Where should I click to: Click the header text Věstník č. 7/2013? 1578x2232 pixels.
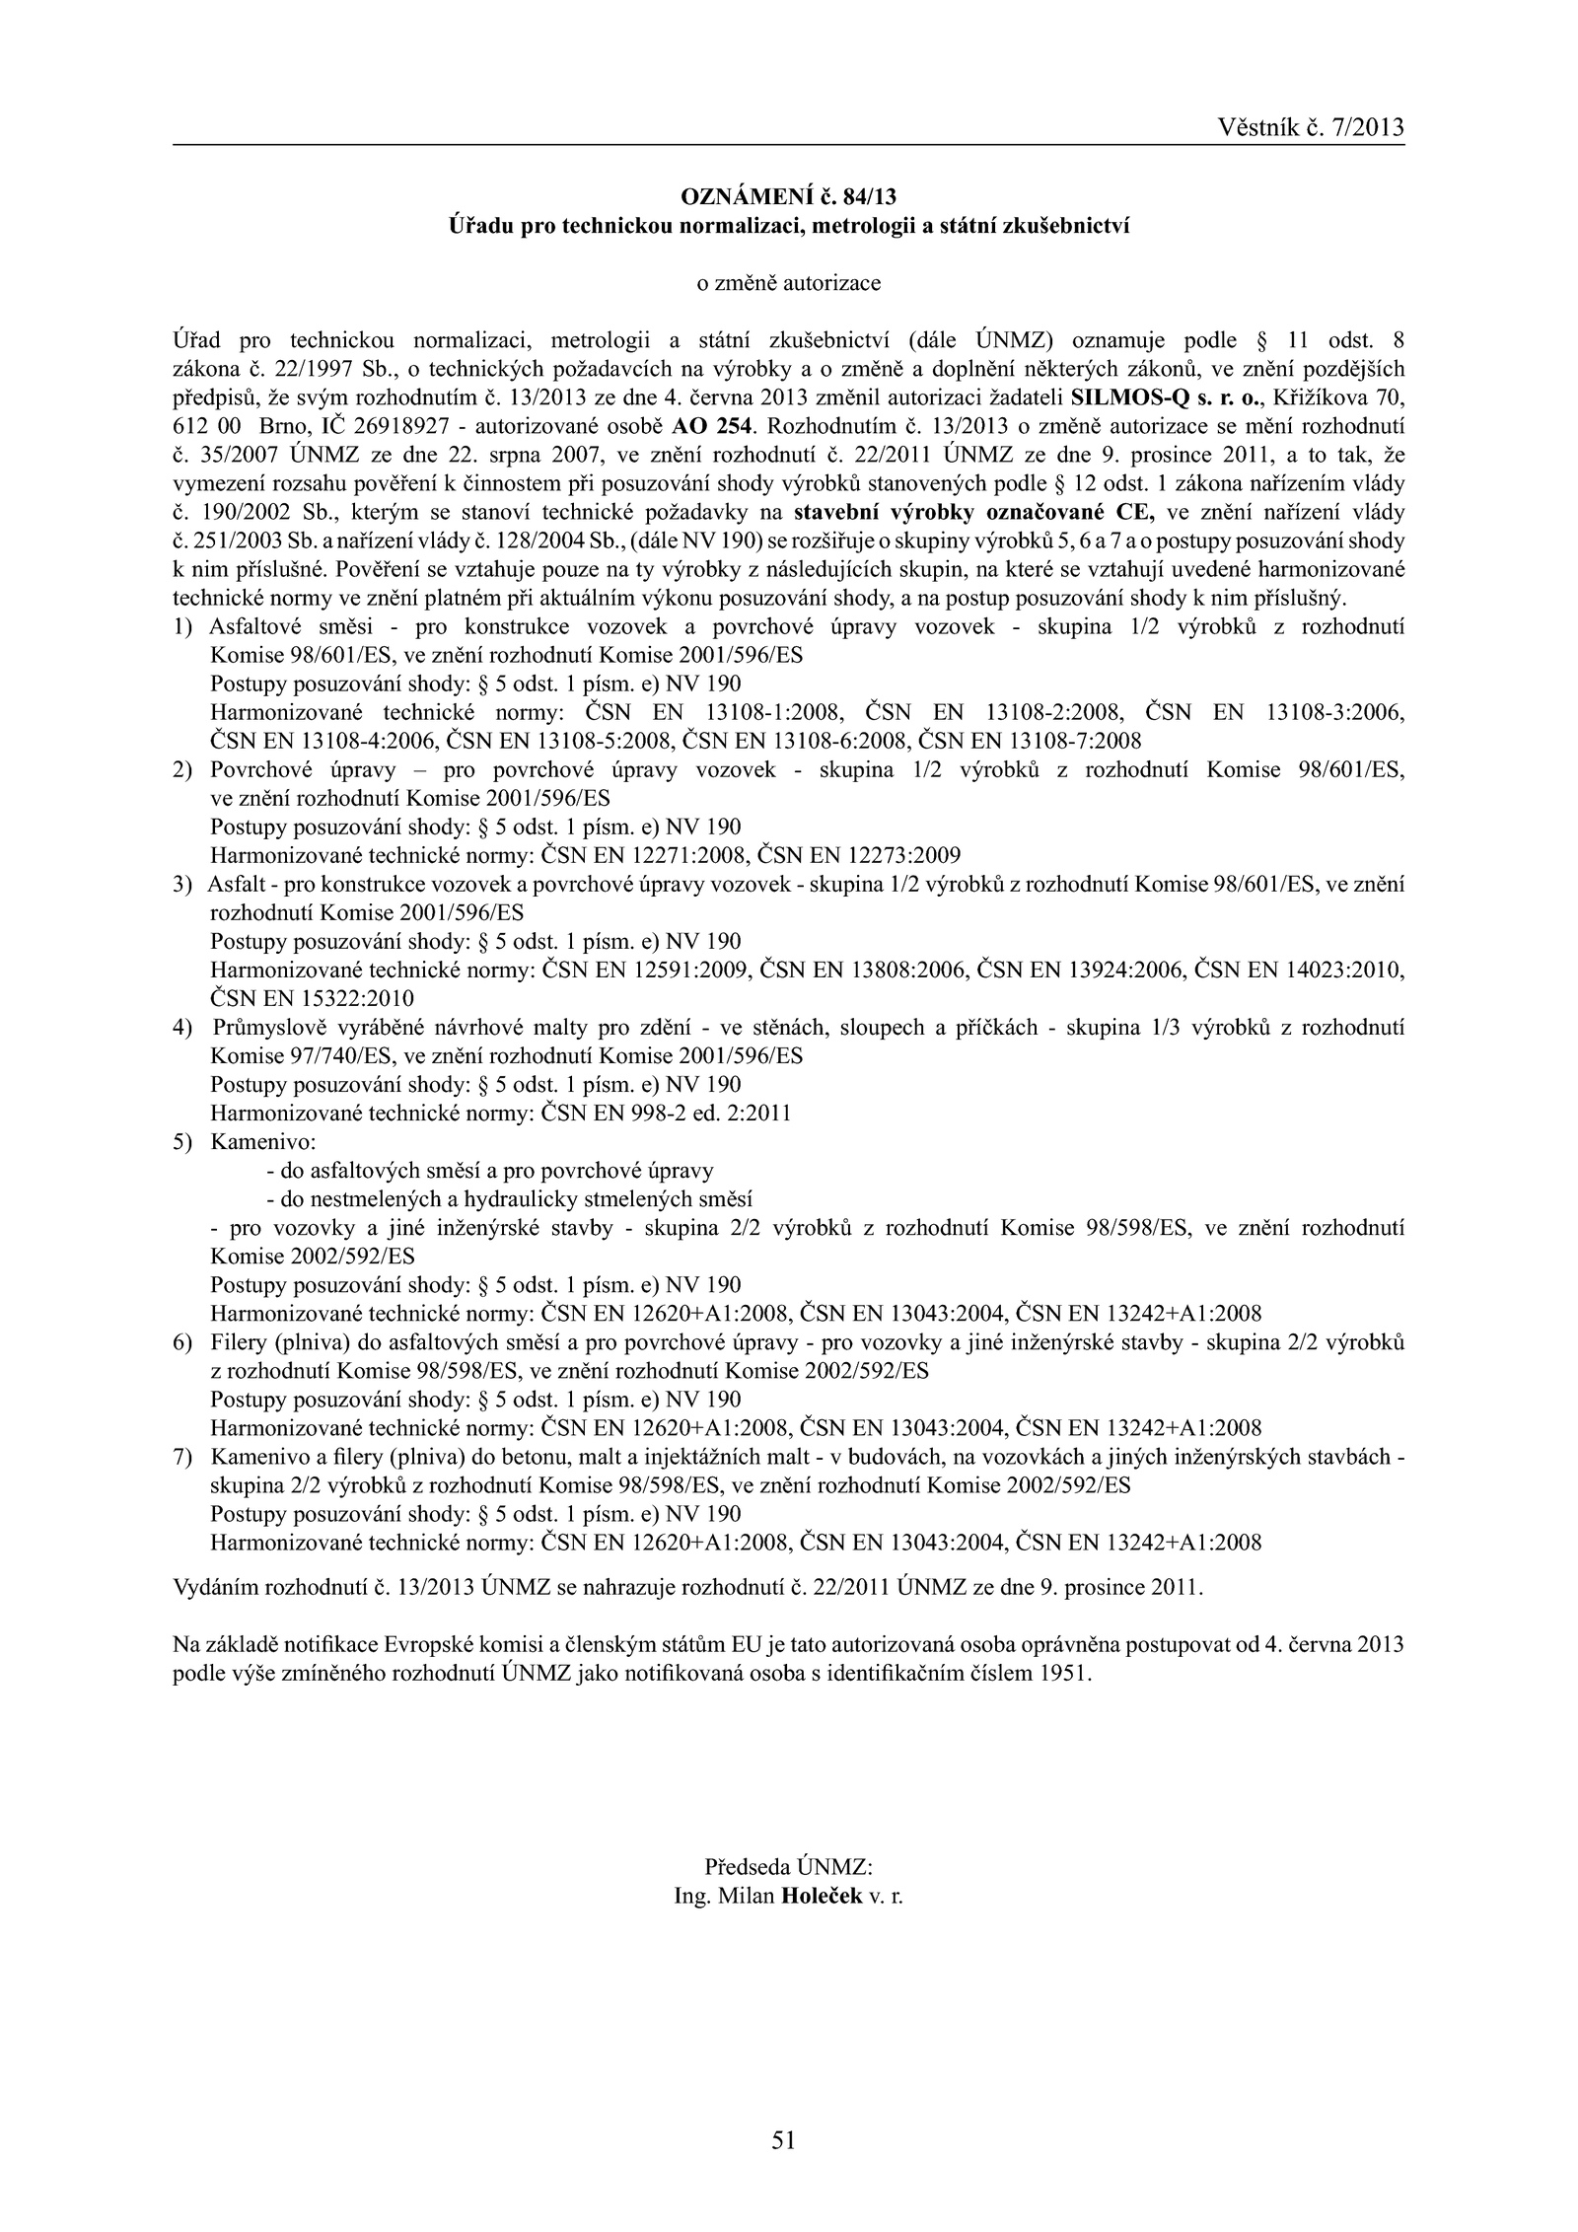coord(1310,127)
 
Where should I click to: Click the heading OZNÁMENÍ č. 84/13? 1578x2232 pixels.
coord(788,198)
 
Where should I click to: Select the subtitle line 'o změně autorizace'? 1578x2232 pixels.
coord(788,284)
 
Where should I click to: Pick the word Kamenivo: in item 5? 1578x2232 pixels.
coord(262,1142)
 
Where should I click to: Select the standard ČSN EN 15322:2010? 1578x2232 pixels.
coord(313,998)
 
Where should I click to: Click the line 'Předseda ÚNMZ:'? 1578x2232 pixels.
coord(788,1867)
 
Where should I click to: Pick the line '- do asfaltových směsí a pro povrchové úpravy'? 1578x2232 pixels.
coord(489,1172)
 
